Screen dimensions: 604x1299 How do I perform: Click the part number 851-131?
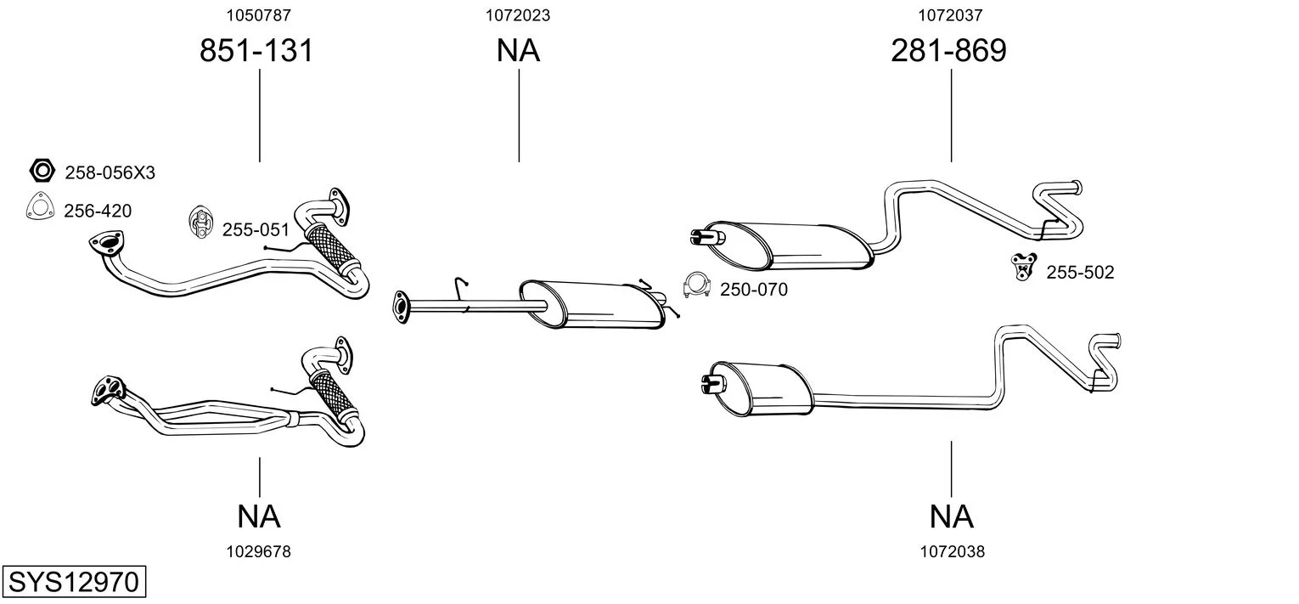(256, 51)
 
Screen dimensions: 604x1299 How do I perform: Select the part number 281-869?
(948, 51)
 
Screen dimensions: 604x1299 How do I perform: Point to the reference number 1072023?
(518, 14)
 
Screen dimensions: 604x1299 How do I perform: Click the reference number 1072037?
(950, 14)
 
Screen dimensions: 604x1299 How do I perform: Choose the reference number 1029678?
(258, 551)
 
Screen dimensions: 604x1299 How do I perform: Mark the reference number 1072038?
(952, 551)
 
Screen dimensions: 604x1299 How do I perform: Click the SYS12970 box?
(73, 583)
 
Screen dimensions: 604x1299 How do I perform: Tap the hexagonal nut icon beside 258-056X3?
(42, 172)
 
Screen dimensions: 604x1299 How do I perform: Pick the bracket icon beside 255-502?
(1023, 267)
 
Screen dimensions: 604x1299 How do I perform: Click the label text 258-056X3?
(110, 173)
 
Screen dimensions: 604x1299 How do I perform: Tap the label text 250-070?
(753, 290)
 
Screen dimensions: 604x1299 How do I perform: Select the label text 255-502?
(1080, 273)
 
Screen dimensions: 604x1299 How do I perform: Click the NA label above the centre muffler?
(518, 51)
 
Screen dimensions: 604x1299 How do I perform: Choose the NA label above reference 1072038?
(951, 516)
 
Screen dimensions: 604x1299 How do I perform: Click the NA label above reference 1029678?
(259, 516)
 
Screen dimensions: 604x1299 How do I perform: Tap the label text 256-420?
(98, 212)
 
